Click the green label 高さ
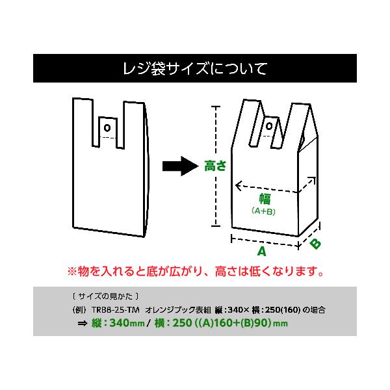click(215, 166)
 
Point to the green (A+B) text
click(264, 211)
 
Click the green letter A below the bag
click(262, 251)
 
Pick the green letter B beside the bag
click(315, 244)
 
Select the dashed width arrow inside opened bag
click(273, 188)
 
